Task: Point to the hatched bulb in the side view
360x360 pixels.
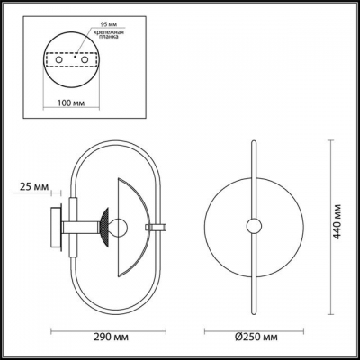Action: [106, 224]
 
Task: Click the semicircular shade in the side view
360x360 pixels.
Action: [130, 224]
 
